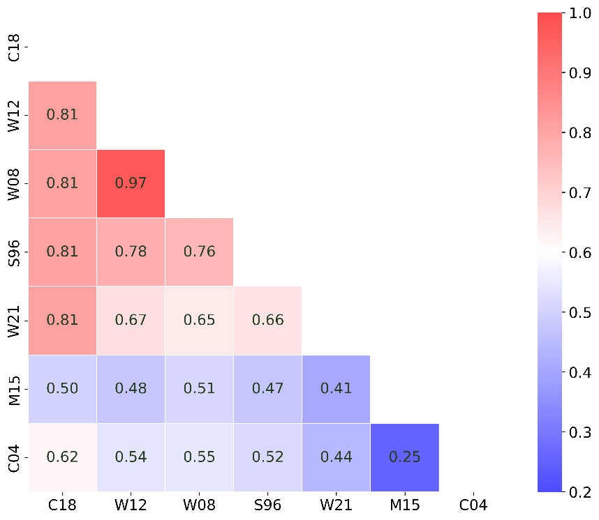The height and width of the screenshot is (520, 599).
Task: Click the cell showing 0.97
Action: click(x=131, y=183)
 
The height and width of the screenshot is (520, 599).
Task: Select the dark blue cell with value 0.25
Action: click(x=404, y=457)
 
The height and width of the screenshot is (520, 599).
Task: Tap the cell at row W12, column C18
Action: click(x=62, y=115)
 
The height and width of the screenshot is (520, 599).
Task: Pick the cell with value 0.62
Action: click(x=62, y=457)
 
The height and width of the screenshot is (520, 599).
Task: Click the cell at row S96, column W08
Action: click(x=199, y=252)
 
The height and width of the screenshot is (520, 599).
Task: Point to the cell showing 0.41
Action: click(x=336, y=389)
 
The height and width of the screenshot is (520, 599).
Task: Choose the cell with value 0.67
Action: click(x=131, y=320)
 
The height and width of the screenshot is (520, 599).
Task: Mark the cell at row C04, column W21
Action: click(x=336, y=457)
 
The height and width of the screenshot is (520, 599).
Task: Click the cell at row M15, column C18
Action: click(x=62, y=389)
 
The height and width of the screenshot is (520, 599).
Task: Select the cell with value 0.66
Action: click(x=267, y=320)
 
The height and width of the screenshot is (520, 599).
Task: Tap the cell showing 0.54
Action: click(x=131, y=457)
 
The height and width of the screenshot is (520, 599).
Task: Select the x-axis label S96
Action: click(x=267, y=504)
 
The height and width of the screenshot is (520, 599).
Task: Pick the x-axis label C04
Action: click(x=473, y=504)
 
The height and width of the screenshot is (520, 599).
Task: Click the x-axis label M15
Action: click(x=404, y=504)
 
